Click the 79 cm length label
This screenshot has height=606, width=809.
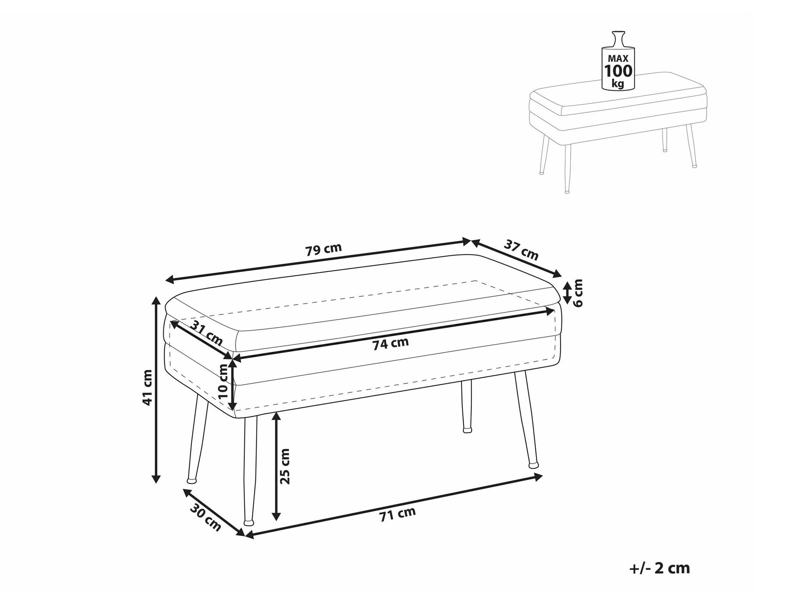[324, 249]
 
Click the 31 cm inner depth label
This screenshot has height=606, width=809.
[207, 333]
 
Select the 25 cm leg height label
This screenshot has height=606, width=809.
[285, 466]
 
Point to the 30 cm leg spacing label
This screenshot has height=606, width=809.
[205, 519]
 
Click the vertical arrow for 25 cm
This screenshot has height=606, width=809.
[276, 466]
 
